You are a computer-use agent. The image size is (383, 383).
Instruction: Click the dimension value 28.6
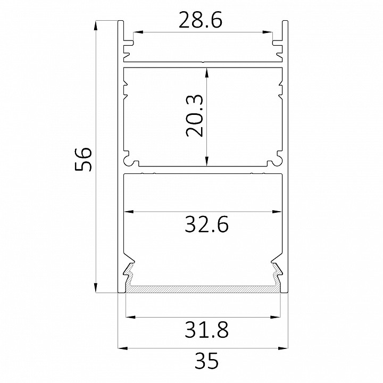pos(201,20)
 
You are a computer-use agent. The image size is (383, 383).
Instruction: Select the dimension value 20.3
pos(195,115)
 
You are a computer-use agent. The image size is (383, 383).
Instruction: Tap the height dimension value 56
pos(83,159)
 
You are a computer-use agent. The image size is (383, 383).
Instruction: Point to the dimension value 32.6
pos(206,224)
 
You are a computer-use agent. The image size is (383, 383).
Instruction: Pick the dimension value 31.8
pos(206,329)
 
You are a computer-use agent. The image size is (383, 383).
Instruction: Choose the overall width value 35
pos(206,361)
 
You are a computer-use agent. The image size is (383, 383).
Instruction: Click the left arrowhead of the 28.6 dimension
pos(138,32)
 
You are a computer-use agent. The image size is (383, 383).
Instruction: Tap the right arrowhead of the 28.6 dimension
pos(268,32)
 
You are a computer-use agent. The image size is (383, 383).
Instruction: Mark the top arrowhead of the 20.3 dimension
pos(206,73)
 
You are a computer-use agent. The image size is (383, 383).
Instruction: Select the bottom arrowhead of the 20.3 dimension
pos(206,161)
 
